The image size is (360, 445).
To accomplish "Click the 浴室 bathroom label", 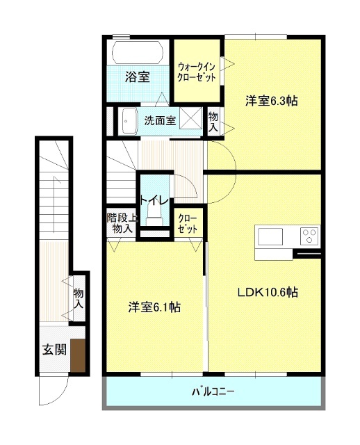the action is coord(138,76).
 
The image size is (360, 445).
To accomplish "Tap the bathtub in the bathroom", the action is coord(138,52).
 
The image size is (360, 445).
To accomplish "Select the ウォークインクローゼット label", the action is coord(197,72).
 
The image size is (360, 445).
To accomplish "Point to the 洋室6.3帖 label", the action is coord(272,101).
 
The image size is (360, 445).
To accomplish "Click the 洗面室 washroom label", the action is coord(160,120).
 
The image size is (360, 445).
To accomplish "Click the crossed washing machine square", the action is coord(190,118).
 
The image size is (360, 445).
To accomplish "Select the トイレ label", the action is coord(154,200).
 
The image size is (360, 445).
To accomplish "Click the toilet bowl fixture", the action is coord(154,216).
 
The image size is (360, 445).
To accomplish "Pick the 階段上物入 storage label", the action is coord(122,223).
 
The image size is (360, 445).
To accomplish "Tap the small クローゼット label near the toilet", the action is coord(188,224).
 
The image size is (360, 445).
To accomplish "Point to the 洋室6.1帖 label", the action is coord(154,307).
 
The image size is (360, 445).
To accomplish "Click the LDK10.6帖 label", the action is coord(268,292).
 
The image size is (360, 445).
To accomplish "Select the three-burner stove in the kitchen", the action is coord(310,236).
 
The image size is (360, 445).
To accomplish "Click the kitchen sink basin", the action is coord(270,236).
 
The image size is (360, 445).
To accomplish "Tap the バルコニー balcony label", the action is coord(213,392).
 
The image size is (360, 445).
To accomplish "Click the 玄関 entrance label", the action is coord(54,349).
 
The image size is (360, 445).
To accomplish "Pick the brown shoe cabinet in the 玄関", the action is coord(78,355).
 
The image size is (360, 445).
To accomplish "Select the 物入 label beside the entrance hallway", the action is coord(79,298).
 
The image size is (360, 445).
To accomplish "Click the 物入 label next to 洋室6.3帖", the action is coord(213,122).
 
